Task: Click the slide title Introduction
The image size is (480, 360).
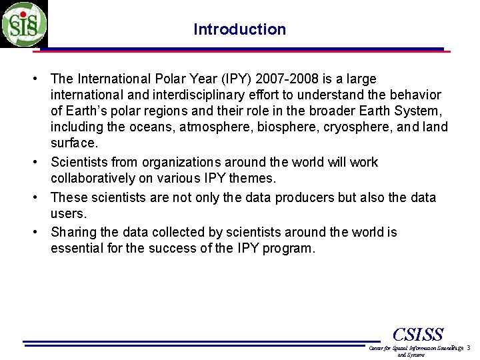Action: click(x=239, y=29)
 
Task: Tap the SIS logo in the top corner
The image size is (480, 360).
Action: click(x=24, y=24)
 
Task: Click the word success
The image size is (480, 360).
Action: click(x=188, y=249)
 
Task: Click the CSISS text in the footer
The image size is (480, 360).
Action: click(x=418, y=333)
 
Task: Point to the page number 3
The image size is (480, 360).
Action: click(x=469, y=348)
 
